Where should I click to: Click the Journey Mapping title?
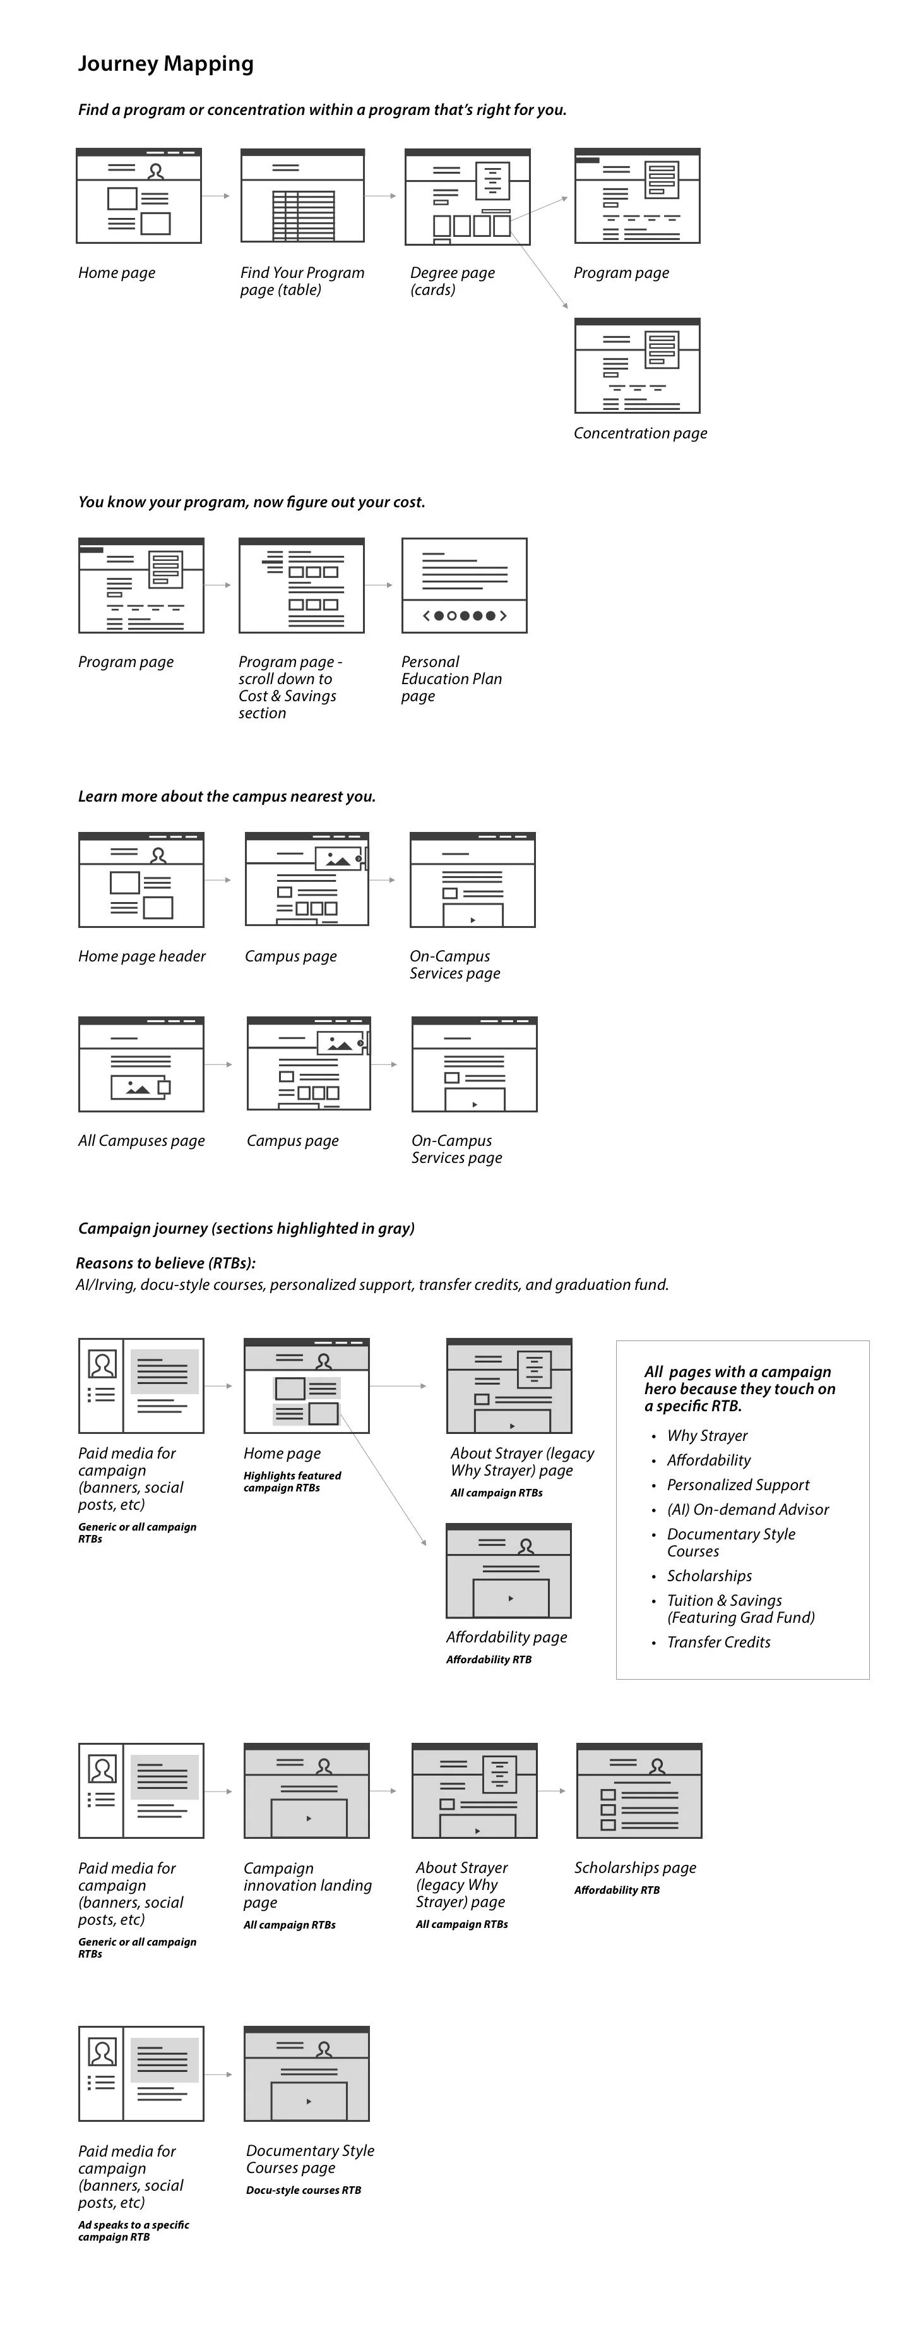pos(166,63)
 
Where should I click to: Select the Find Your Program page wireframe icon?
pos(303,196)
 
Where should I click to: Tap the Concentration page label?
pos(640,433)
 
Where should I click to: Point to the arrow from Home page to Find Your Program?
pos(216,196)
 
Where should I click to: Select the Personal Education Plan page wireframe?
pos(464,586)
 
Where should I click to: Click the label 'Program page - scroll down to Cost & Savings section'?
pos(290,687)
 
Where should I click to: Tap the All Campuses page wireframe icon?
pos(141,1064)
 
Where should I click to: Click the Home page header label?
pos(141,956)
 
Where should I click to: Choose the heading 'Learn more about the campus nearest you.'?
pos(227,796)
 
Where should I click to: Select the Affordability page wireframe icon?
pos(508,1570)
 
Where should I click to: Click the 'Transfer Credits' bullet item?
pos(719,1642)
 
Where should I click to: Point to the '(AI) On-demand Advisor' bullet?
pos(747,1509)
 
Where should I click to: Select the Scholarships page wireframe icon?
pos(639,1791)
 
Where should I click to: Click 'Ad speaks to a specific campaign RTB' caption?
pos(133,2231)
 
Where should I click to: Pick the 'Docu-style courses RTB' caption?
pos(304,2190)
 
